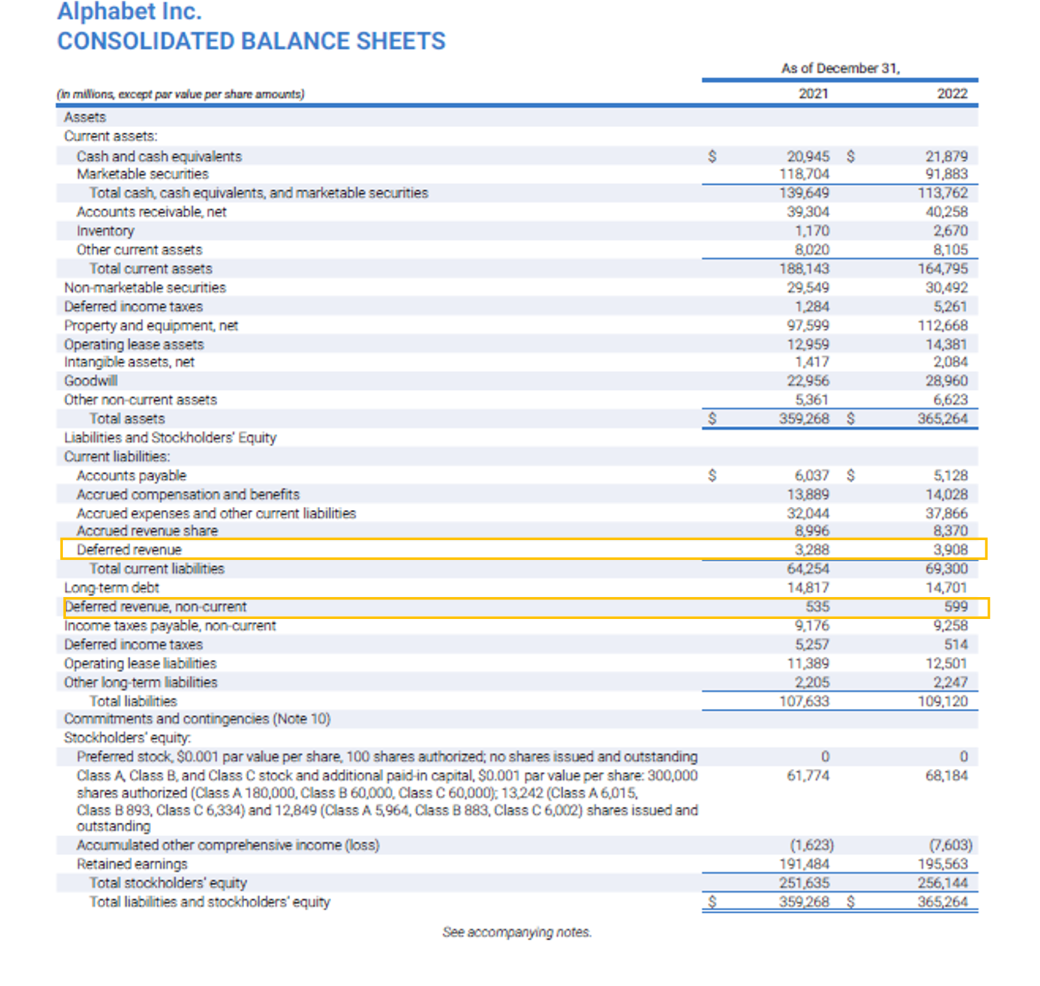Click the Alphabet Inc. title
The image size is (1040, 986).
(129, 12)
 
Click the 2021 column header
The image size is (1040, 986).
(813, 94)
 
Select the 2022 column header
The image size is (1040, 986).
(951, 94)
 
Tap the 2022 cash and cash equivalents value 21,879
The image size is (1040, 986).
(946, 156)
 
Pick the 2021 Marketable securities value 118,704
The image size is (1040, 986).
(804, 174)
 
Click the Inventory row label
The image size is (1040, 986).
(105, 231)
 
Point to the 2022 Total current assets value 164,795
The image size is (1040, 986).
(942, 269)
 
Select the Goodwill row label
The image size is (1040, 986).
(91, 381)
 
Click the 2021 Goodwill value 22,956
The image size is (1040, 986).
(807, 381)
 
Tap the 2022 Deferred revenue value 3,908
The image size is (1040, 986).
(950, 549)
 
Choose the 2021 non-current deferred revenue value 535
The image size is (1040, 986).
(817, 606)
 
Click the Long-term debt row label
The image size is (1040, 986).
(111, 588)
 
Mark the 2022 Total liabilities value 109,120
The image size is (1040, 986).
(942, 701)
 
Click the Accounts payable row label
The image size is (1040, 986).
(131, 476)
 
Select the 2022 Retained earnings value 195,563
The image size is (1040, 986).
(942, 863)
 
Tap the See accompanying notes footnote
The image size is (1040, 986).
(516, 932)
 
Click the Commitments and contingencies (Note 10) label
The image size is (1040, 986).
(197, 718)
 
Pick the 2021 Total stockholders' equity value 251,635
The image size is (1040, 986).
(804, 882)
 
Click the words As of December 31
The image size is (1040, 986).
(840, 68)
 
